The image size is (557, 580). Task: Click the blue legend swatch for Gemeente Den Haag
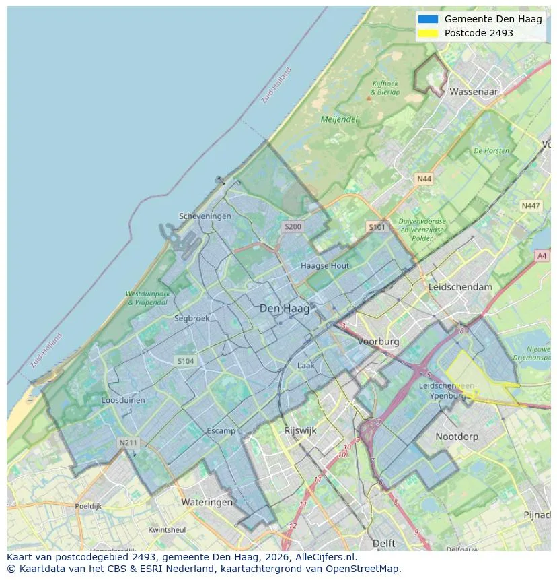[x=427, y=19]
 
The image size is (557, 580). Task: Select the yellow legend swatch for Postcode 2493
[x=427, y=33]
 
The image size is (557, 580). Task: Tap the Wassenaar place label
[x=474, y=91]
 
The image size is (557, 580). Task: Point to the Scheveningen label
[x=205, y=216]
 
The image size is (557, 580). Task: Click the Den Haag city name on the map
[x=285, y=309]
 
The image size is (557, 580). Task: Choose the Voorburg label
[x=378, y=342]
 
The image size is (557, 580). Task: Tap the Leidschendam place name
[x=460, y=287]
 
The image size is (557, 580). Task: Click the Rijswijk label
[x=300, y=430]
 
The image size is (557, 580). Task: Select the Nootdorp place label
[x=457, y=437]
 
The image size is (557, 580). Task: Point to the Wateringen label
[x=207, y=502]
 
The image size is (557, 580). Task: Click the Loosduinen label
[x=123, y=399]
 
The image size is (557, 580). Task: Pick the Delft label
[x=383, y=543]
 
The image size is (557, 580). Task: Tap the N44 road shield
[x=424, y=179]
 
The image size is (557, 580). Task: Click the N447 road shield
[x=530, y=206]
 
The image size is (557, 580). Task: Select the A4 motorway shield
[x=542, y=256]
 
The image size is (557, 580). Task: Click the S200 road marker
[x=293, y=227]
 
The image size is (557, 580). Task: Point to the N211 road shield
[x=127, y=443]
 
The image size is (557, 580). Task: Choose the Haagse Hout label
[x=325, y=266]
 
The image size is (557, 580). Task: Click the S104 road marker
[x=186, y=361]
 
